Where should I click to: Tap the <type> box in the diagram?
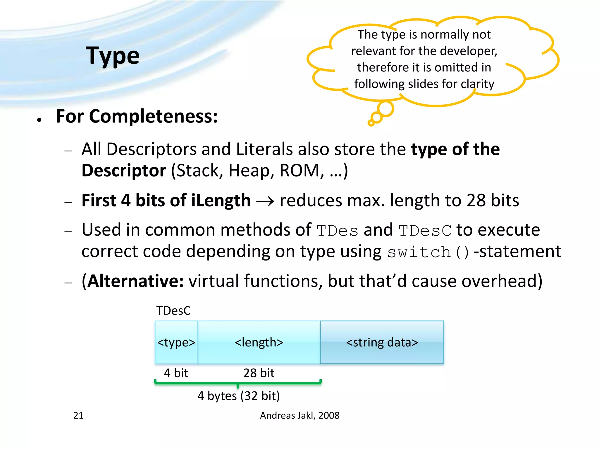(176, 342)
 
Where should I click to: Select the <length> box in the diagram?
(259, 342)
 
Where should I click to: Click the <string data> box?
(382, 342)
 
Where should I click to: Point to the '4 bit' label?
(176, 373)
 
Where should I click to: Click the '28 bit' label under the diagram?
(259, 373)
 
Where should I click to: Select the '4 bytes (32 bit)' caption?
(238, 396)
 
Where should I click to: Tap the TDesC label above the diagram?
(173, 310)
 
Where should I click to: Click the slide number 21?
(78, 415)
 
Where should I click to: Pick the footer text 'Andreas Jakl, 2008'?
(299, 415)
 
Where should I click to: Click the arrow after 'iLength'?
(265, 201)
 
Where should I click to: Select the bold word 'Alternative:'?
(135, 281)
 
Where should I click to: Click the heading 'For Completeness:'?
(137, 116)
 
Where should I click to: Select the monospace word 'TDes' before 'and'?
(337, 231)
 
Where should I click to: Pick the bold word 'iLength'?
(221, 201)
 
